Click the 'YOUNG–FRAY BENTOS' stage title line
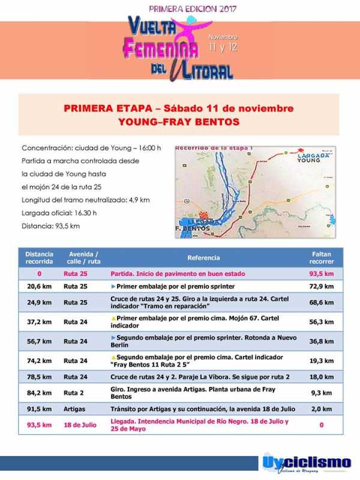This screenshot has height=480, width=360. [x=179, y=122]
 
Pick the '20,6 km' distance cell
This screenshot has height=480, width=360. [x=39, y=287]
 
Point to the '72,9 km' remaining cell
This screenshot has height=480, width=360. [x=322, y=287]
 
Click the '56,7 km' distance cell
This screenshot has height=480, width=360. [x=39, y=341]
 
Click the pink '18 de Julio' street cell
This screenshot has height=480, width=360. [x=80, y=425]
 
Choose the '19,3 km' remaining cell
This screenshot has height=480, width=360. [x=322, y=360]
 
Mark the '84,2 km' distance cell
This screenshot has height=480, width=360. [x=39, y=393]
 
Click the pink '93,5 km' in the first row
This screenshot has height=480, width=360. [x=322, y=274]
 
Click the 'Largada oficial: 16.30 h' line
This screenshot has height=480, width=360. [x=59, y=212]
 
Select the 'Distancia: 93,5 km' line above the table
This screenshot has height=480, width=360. [x=50, y=226]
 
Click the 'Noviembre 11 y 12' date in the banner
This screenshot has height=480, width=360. [x=223, y=43]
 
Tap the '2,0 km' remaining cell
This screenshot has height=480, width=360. [x=322, y=409]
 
